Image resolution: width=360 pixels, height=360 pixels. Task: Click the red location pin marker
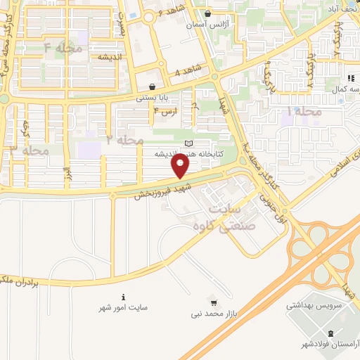[181, 166]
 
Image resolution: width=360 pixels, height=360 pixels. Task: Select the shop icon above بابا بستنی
[152, 86]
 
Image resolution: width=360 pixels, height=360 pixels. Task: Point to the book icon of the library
[188, 143]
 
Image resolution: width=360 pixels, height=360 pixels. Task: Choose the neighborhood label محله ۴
[63, 49]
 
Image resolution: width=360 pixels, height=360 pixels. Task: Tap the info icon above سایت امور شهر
[124, 297]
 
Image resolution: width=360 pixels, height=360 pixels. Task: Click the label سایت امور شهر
[124, 307]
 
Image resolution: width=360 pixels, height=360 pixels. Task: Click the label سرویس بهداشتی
[313, 306]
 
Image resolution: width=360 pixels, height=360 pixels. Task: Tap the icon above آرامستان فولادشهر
[330, 333]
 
